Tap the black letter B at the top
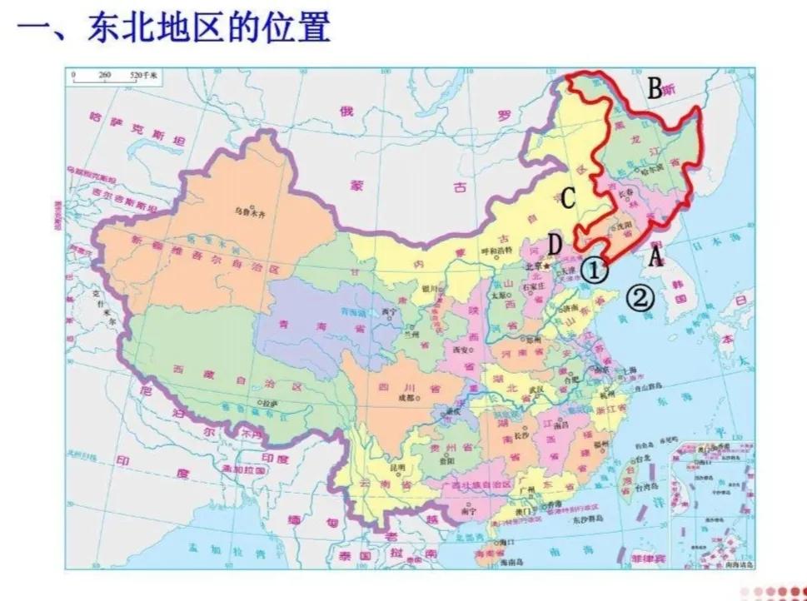pyautogui.click(x=655, y=87)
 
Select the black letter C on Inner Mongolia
pyautogui.click(x=568, y=199)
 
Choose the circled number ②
pyautogui.click(x=640, y=297)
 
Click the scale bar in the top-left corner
pyautogui.click(x=116, y=76)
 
